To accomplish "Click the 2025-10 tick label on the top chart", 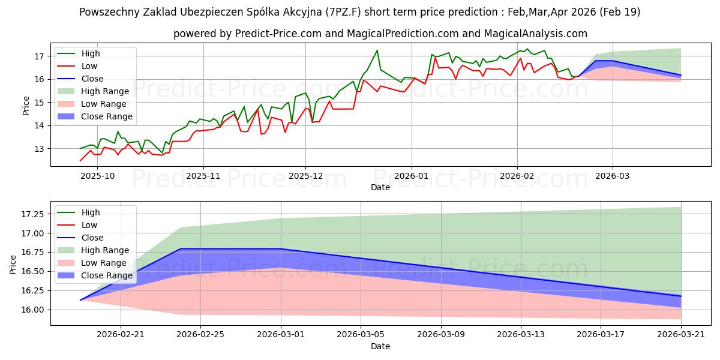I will (x=97, y=176).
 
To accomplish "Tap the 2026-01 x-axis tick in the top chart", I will (x=411, y=176).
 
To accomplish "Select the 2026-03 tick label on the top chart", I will (x=613, y=176).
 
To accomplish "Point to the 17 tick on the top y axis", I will (x=40, y=56).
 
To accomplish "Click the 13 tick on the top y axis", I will (x=40, y=149).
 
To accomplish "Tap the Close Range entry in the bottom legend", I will (x=106, y=275).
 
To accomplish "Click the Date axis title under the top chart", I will (x=380, y=187).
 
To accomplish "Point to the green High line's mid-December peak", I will (x=377, y=50).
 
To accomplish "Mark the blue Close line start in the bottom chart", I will (x=80, y=300).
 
